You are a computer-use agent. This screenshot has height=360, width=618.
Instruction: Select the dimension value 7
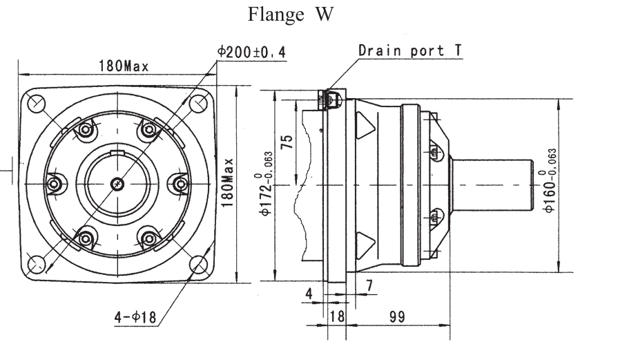(x=369, y=284)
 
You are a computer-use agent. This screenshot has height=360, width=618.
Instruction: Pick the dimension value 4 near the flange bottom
(x=309, y=293)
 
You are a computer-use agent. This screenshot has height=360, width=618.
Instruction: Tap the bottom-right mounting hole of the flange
(x=200, y=264)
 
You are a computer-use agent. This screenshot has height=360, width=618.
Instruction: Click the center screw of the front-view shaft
(x=118, y=184)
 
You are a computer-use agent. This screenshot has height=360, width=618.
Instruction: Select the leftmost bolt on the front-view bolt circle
(x=55, y=184)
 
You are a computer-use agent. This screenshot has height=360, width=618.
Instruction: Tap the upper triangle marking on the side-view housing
(x=364, y=127)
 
